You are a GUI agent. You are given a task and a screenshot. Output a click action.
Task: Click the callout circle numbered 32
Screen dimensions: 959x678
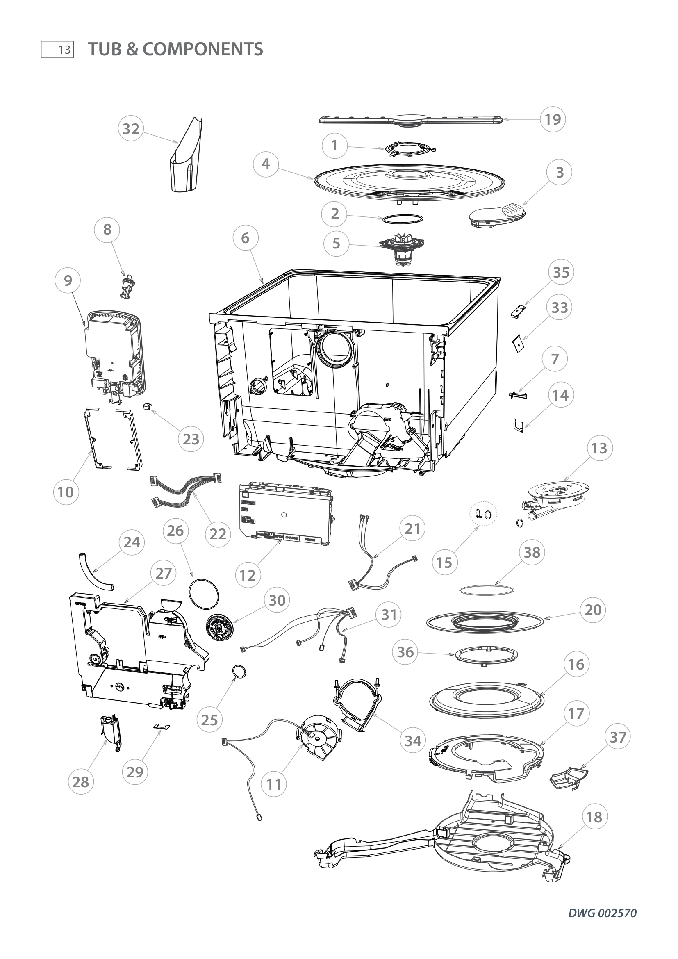click(x=131, y=129)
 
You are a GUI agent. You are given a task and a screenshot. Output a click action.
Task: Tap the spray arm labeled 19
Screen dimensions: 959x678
click(x=411, y=120)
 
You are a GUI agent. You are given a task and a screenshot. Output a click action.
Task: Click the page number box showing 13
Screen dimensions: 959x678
click(x=58, y=50)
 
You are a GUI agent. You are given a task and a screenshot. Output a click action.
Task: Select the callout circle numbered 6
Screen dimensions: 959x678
click(x=245, y=238)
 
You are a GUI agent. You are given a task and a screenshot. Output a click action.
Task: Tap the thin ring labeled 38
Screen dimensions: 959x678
click(x=487, y=590)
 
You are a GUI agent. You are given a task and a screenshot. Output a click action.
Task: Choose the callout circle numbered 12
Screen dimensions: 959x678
click(x=248, y=575)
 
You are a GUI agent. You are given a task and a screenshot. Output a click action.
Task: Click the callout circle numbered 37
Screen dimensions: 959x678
click(x=618, y=737)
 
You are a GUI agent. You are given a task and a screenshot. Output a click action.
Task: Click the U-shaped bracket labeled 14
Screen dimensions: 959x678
click(x=518, y=426)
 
